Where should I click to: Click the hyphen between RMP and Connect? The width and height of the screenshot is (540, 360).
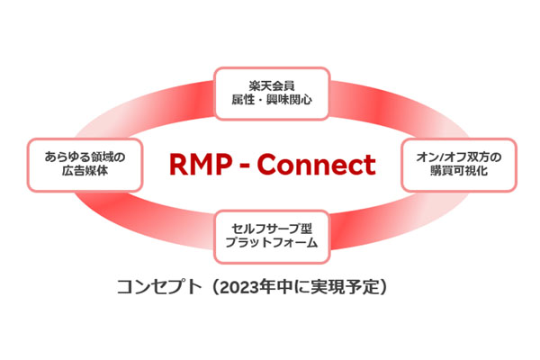[247, 166]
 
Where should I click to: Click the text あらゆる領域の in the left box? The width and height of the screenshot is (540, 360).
[86, 156]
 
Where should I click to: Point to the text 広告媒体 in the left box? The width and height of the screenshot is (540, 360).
[86, 171]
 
